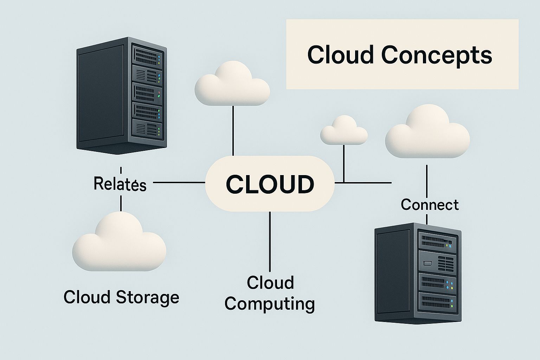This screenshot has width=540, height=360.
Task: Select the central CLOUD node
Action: [x=270, y=184]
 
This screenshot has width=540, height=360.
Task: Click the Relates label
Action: [x=120, y=184]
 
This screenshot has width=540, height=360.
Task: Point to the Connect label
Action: [x=430, y=204]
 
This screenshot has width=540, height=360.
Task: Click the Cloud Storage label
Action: [x=121, y=297]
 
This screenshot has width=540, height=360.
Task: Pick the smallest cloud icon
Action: [x=344, y=130]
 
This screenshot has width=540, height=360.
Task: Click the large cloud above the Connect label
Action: [x=427, y=133]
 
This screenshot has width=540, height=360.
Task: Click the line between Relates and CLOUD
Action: [x=179, y=182]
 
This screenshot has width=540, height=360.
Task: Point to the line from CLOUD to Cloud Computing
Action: [x=270, y=241]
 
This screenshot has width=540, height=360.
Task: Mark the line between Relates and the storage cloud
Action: [x=121, y=203]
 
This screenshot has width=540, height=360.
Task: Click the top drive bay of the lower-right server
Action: [x=437, y=242]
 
